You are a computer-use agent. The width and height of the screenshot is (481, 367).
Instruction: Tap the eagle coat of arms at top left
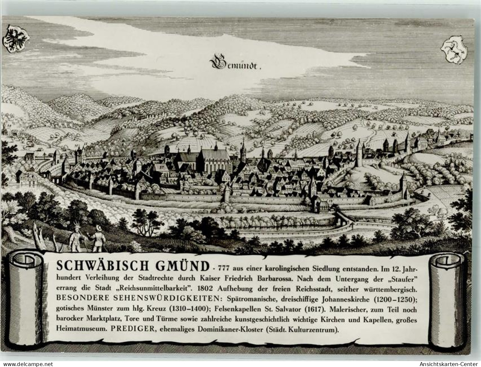click(x=16, y=39)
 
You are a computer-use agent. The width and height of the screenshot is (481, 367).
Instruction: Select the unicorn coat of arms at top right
click(x=454, y=50)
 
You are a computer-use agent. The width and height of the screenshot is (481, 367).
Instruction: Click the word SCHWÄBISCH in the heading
click(x=102, y=266)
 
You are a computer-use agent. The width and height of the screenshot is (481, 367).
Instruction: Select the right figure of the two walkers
click(x=98, y=239)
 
